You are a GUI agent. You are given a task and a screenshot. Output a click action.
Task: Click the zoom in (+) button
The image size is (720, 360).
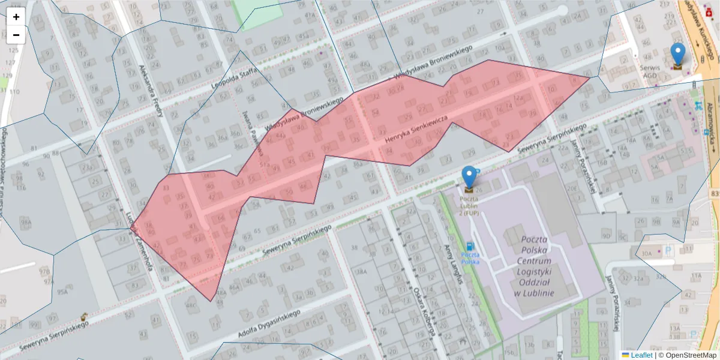[16, 17]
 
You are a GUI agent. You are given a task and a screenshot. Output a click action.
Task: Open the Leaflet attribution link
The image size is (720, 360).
[641, 355]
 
